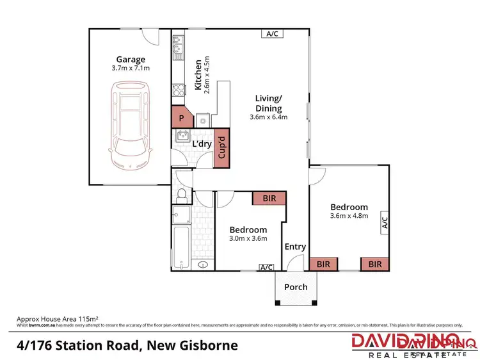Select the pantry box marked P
click(x=182, y=118)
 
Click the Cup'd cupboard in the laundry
click(x=221, y=149)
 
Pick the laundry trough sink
click(x=182, y=136)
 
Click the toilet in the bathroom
click(x=181, y=193)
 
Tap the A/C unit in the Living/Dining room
click(x=271, y=34)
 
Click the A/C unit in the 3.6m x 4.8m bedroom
click(x=385, y=222)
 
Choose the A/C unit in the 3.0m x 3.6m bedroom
click(x=266, y=266)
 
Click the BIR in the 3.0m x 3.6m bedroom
click(x=269, y=199)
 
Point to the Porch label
click(x=296, y=287)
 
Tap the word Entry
click(x=295, y=247)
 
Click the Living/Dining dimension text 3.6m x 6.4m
click(x=269, y=117)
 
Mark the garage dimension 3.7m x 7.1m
click(x=130, y=67)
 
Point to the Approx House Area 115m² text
click(x=61, y=318)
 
